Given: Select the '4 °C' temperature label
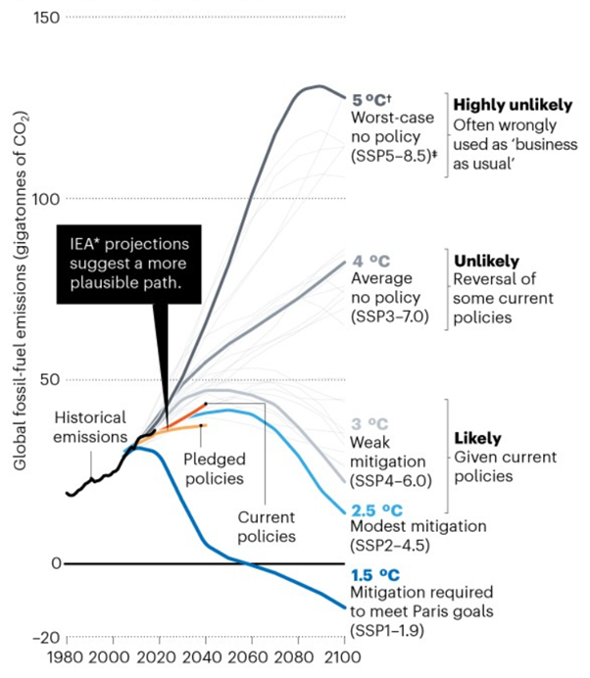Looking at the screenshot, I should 369,261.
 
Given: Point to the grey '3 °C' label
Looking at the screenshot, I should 369,424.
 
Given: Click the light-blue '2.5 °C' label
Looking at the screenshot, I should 377,509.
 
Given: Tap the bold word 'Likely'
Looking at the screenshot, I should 477,438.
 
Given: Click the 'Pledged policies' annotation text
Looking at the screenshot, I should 215,467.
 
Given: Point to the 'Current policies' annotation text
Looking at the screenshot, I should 267,527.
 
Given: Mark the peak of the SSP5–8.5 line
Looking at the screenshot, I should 317,86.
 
